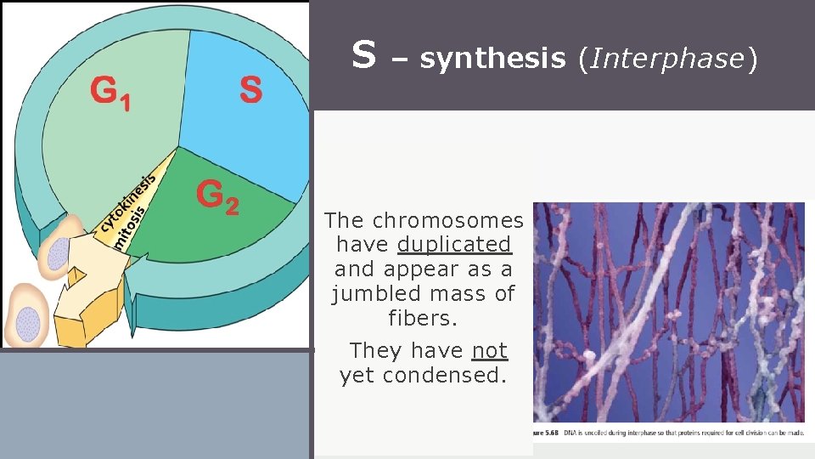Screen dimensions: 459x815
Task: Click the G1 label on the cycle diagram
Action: (111, 92)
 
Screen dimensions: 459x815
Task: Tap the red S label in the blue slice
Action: (250, 89)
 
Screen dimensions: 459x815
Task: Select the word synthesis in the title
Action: (492, 59)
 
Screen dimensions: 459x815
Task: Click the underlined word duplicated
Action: (454, 245)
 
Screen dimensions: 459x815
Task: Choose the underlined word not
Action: (489, 350)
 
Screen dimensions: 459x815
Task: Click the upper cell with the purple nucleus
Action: (59, 249)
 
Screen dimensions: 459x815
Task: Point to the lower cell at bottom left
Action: (27, 316)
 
